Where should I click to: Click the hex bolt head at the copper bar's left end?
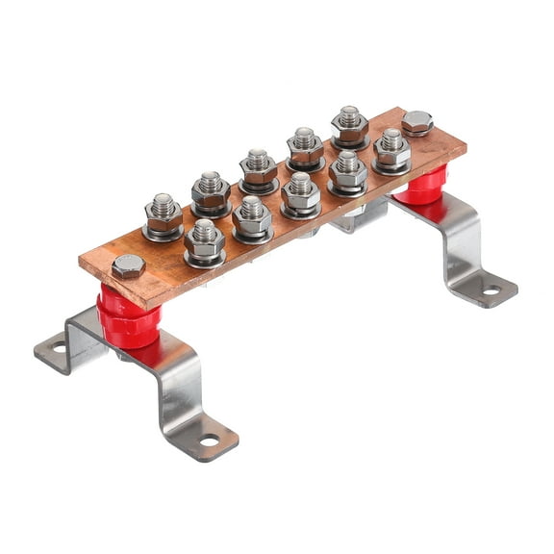point(128,266)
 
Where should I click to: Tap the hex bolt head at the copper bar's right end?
point(416,122)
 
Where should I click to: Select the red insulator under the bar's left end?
point(125,318)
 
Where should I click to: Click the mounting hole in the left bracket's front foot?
point(209,441)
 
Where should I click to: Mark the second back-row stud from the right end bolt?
point(305,145)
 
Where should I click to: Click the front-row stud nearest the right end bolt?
point(391,147)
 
